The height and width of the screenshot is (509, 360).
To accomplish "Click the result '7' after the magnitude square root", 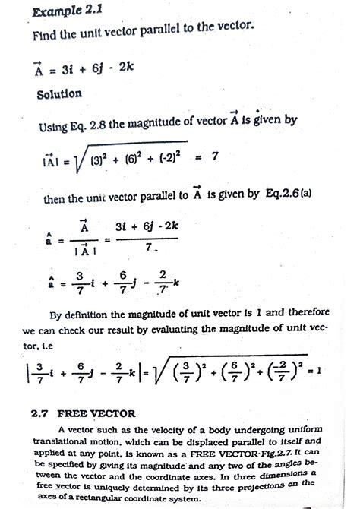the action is click(x=216, y=156).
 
